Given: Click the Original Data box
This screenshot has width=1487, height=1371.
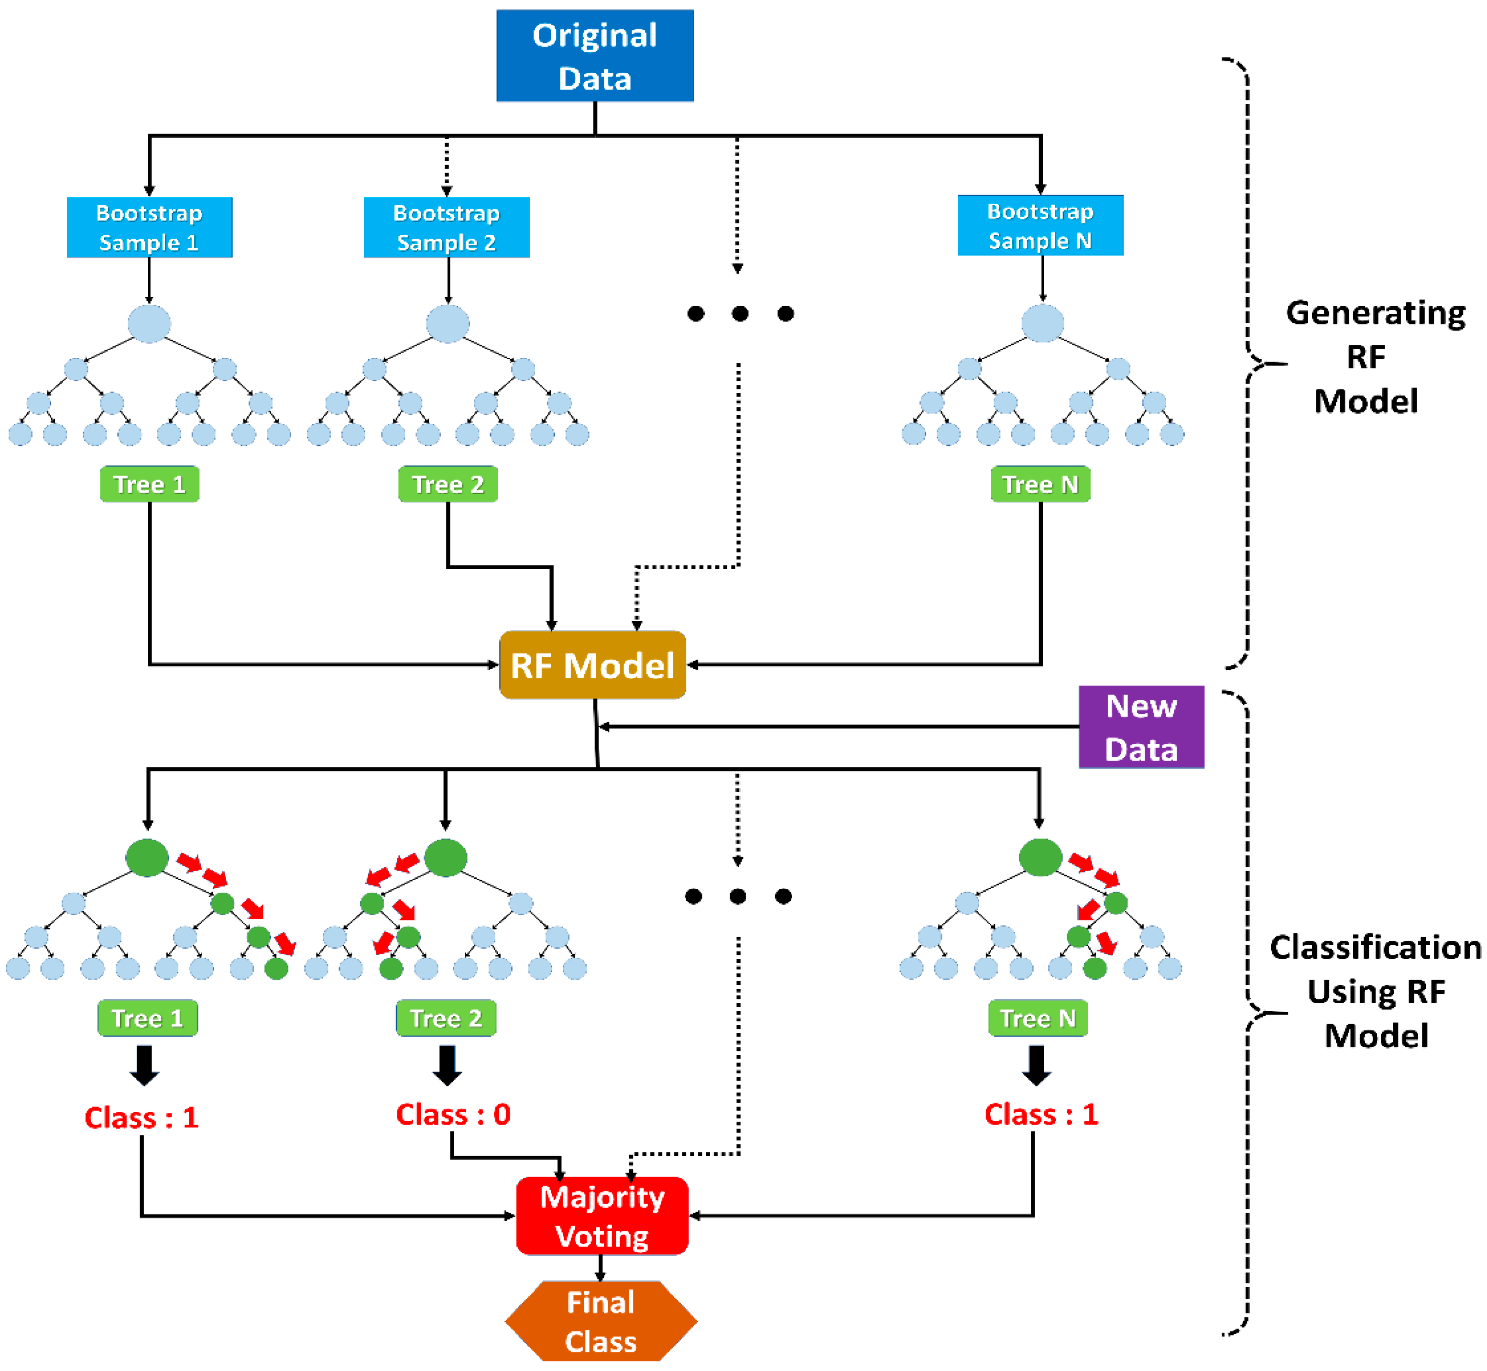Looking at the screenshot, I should tap(595, 55).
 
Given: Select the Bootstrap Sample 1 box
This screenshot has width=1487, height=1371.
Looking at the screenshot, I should tap(149, 227).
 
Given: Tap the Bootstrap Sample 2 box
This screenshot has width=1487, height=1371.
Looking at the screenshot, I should tap(447, 227).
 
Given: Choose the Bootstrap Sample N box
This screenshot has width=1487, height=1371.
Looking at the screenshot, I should tap(1040, 225).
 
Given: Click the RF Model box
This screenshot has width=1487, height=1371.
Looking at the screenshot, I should tap(592, 665).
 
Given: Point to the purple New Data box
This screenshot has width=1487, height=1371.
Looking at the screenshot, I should tap(1141, 727).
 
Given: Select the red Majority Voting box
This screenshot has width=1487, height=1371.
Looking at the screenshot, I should tap(602, 1216).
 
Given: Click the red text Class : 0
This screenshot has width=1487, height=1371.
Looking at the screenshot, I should tap(453, 1114).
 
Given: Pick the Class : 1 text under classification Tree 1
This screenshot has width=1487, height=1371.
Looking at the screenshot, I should tap(141, 1117).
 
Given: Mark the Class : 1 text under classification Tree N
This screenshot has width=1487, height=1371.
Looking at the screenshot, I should tap(1040, 1114).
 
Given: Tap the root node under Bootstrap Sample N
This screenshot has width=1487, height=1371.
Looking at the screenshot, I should tap(1042, 323).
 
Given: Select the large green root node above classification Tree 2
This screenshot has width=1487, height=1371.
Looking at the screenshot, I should tap(445, 858).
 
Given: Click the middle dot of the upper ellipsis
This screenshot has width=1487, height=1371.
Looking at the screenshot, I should tap(739, 314).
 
